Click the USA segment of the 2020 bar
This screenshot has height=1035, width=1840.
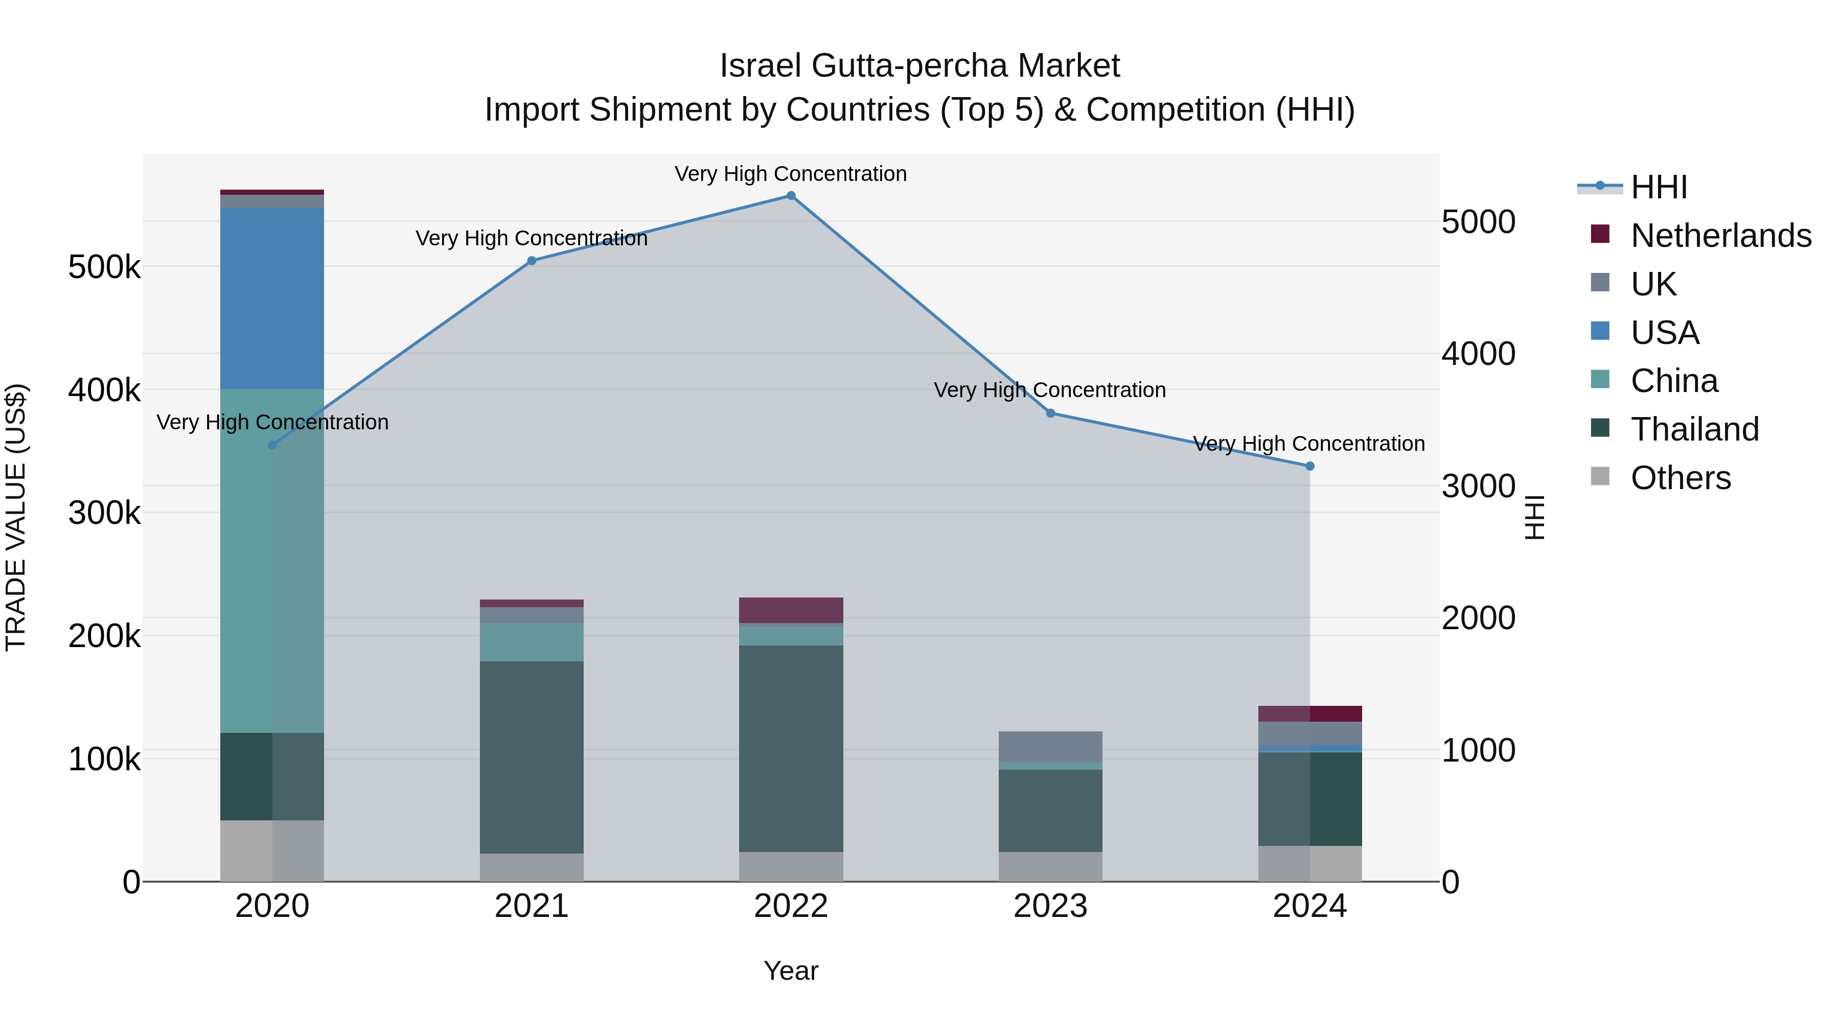pos(271,298)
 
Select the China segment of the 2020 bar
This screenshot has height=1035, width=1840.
pos(271,561)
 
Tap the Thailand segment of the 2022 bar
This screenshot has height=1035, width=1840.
pos(791,749)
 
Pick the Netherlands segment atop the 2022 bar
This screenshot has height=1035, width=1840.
pos(791,610)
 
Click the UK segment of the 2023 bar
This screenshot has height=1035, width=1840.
pos(1050,746)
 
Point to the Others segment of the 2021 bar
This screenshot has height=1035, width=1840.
pos(532,867)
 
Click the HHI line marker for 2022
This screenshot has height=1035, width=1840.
pos(791,196)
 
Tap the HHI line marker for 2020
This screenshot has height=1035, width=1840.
pos(272,446)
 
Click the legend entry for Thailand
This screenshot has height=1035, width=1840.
pos(1694,429)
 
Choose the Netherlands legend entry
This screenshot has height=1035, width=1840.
pos(1720,236)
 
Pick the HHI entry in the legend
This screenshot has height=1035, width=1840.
pos(1659,187)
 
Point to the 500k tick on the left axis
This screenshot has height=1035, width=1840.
pos(104,268)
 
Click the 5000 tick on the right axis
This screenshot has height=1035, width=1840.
pos(1478,222)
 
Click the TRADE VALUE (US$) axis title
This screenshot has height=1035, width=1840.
pos(16,517)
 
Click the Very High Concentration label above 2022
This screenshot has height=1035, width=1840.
pos(791,174)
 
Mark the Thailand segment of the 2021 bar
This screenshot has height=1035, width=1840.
pos(532,757)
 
